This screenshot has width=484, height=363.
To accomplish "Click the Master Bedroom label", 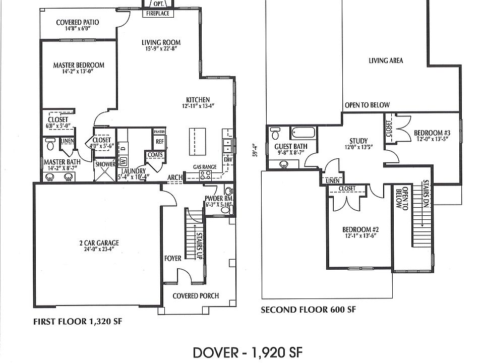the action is (79, 65).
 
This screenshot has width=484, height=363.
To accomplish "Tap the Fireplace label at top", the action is (158, 13).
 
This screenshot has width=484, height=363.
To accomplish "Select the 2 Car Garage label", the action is (99, 243).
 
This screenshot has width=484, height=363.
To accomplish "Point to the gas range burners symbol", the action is (206, 175).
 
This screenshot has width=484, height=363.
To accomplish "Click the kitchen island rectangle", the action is (197, 142).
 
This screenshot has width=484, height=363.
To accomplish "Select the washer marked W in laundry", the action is (123, 161).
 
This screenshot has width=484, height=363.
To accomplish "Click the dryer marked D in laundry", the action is (123, 148).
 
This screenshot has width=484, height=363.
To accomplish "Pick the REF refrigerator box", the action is (160, 142).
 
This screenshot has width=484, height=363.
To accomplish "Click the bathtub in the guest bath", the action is (303, 133).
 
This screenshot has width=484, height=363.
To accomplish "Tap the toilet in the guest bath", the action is (274, 133).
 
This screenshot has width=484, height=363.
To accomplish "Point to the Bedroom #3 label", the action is (432, 133).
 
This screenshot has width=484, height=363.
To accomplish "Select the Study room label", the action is (358, 141).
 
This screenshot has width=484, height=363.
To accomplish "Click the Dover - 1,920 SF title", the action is (248, 352).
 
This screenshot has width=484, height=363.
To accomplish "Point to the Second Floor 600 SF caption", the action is (309, 309).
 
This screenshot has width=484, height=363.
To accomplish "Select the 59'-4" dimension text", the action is (255, 150).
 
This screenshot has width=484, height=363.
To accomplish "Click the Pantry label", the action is (160, 132).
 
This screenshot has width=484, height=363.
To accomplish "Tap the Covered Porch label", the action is (196, 296).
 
